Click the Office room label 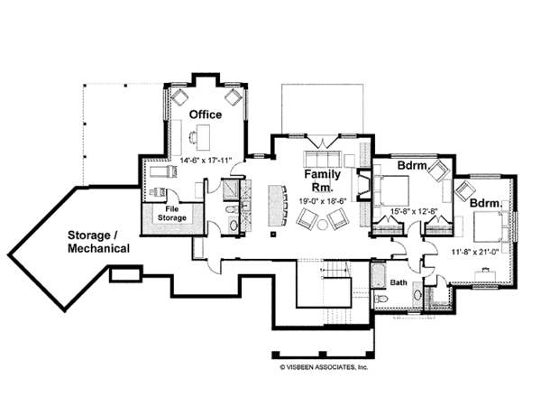206,115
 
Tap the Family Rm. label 322,180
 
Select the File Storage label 172,213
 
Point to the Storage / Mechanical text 98,242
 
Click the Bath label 399,282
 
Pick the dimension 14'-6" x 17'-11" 206,161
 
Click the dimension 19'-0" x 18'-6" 322,200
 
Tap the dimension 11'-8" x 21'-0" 475,252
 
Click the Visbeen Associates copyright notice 324,367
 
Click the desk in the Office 203,137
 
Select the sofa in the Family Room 322,159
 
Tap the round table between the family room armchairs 323,225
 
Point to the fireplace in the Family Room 362,185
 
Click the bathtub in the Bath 378,275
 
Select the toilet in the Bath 381,299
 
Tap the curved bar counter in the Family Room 278,206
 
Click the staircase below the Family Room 335,269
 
